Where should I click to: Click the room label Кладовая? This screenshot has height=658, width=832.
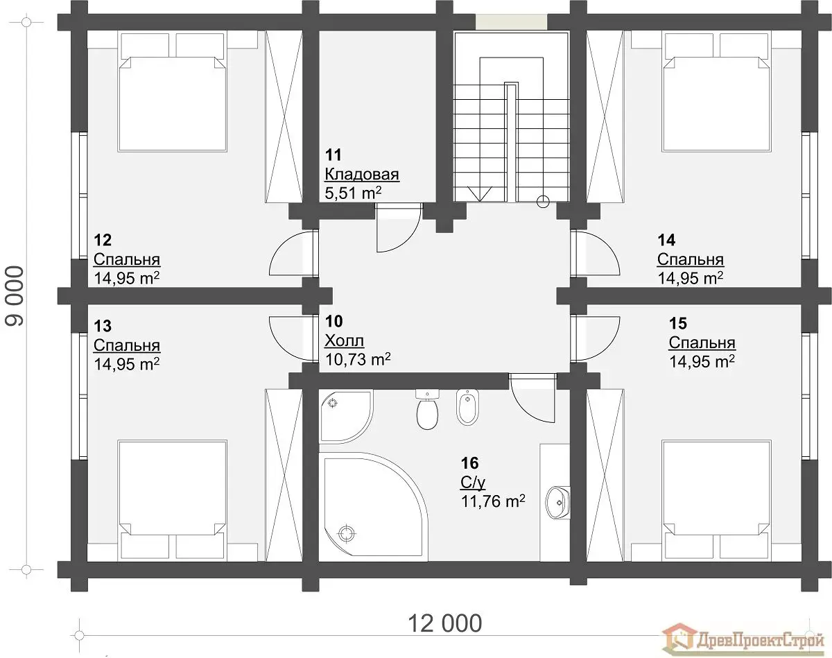coord(362,174)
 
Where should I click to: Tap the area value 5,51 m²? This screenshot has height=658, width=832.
coord(353,193)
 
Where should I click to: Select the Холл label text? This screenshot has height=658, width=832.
coord(345,340)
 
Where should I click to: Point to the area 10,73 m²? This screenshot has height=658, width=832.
coord(358,359)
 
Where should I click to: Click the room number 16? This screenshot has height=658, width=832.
coord(470,462)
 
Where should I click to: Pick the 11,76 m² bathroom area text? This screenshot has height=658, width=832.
coord(493,501)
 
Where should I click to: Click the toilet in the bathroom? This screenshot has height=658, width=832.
coord(427,409)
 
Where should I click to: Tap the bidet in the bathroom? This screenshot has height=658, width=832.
coord(467,407)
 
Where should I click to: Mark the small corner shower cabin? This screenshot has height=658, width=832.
coord(346,415)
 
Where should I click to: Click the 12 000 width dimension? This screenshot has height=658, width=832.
coord(445,623)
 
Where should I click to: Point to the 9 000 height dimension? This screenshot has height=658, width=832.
coord(15,295)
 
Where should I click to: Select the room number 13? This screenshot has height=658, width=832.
coord(103,326)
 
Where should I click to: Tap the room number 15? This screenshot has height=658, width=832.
coord(678,324)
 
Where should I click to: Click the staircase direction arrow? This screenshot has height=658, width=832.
coord(479,193)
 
